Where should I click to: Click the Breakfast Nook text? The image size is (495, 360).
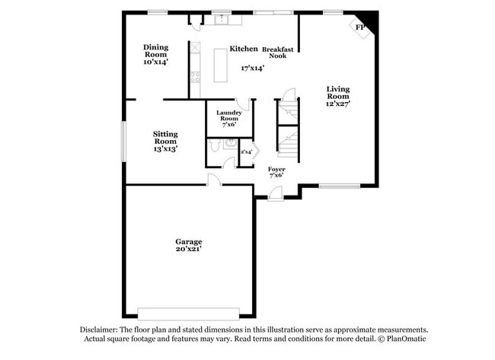pos(279,53)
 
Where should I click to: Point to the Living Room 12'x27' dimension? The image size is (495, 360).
pos(338,104)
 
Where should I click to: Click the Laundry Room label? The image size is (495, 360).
pos(228,116)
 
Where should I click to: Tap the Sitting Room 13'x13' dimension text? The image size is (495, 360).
pos(165,149)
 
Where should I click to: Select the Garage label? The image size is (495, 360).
pos(189,242)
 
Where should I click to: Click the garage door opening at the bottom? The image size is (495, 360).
pos(189,313)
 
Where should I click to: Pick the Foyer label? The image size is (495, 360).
pos(276,169)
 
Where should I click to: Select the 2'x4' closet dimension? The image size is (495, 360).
pos(247,152)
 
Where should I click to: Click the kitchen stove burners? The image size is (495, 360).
pos(196,76)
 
